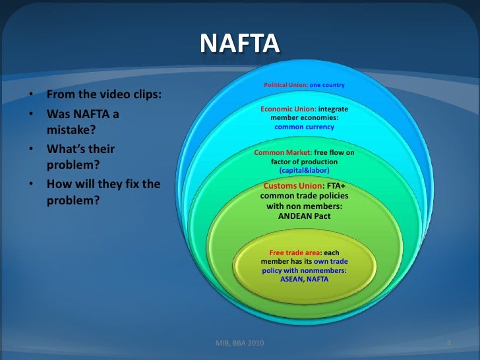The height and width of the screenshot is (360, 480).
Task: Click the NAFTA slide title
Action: (239, 44)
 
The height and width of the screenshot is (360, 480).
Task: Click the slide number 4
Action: (448, 344)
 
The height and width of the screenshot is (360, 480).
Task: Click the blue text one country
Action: (328, 85)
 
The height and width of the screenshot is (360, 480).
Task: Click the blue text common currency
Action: (304, 127)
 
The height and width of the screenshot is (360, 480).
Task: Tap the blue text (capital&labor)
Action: (304, 169)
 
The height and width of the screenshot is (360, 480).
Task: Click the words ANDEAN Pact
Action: (304, 216)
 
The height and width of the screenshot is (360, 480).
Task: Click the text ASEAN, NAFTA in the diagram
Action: (304, 279)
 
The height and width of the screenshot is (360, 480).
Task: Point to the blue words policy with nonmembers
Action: (304, 270)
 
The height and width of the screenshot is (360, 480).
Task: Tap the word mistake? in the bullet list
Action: (71, 131)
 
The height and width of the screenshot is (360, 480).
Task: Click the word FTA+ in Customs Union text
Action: (337, 186)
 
